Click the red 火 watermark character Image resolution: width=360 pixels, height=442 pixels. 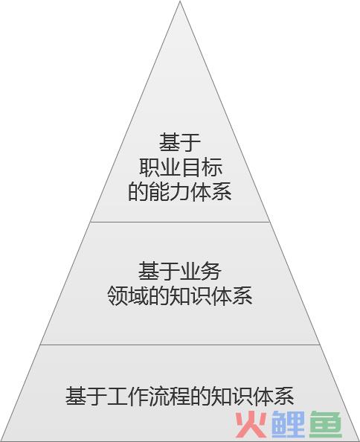(251, 425)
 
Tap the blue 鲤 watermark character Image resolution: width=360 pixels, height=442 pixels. (289, 425)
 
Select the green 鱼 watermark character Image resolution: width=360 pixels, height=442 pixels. (326, 425)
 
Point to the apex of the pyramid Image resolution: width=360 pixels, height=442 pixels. (180, 1)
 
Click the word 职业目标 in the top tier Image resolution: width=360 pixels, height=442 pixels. (180, 167)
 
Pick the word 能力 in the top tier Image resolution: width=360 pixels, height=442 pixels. (170, 192)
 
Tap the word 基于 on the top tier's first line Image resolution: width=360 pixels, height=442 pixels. (180, 143)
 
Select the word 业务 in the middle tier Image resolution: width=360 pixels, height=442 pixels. (200, 271)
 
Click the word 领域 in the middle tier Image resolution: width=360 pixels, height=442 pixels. (128, 295)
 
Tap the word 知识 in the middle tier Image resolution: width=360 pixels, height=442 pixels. (190, 295)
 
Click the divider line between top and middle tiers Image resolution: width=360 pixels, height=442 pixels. (180, 222)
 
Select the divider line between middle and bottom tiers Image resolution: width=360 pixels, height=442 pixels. (180, 345)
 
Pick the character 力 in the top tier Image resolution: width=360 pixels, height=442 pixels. (180, 192)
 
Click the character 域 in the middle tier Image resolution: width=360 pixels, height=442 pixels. (138, 295)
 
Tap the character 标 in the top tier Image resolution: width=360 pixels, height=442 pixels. (211, 167)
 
